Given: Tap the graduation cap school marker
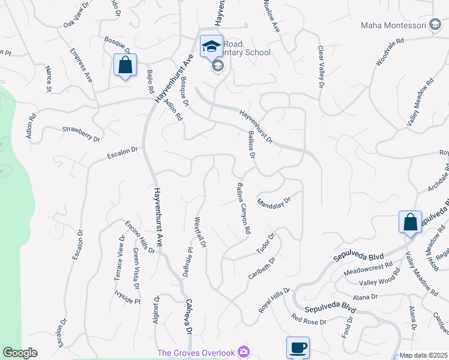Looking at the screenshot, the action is coord(211,47).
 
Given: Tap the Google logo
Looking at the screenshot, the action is coord(20,353).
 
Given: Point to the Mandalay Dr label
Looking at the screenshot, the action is coord(274,199).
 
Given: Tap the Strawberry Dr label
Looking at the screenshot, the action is coord(80,133).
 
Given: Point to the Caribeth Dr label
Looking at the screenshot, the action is coord(261,269).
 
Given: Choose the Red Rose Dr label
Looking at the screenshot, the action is coord(308,319).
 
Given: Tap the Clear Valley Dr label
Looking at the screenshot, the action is coord(321,67).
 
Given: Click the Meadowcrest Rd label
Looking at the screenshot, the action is coord(368,268).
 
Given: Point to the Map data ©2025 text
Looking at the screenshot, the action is coord(423,355).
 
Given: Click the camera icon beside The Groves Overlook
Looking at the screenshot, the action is coord(243,351).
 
